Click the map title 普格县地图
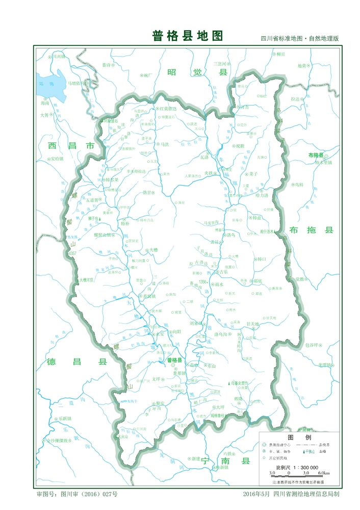(x=188, y=36)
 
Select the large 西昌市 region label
(x=71, y=146)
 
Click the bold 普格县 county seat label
(x=174, y=360)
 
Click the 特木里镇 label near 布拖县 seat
(x=323, y=163)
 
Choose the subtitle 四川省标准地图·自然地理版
(x=300, y=39)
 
